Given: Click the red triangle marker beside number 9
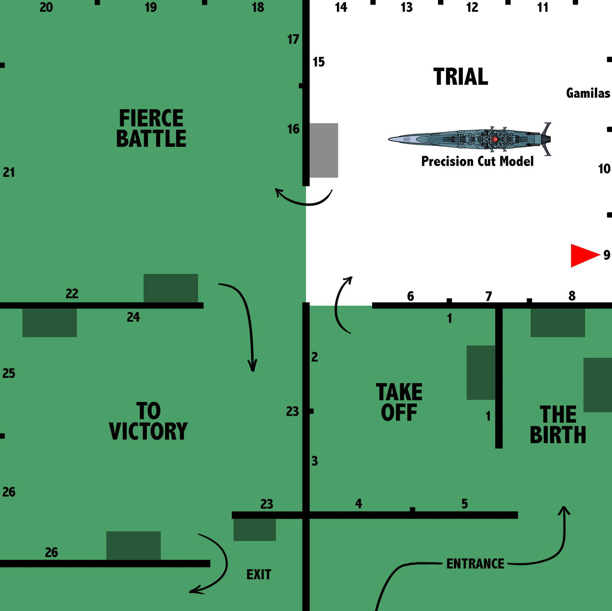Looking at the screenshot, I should point(583,255).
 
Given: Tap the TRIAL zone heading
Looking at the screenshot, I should point(461,77).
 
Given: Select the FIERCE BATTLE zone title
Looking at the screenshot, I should point(151,128).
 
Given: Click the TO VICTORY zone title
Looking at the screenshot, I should point(148,421).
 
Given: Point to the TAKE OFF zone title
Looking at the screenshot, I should point(399,402).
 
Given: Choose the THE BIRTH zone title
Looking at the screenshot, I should point(558,425).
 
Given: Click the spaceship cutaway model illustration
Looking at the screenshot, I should point(470,139).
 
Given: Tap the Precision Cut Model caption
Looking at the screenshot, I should point(477,161).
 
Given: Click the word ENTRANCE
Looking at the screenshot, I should point(475,564).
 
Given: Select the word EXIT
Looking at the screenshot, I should point(259,575).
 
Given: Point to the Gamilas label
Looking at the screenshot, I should point(588,93).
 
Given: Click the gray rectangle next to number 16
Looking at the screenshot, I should point(324,150).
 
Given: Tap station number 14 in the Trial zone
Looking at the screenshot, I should point(341,7).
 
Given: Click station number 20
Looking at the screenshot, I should point(46,7).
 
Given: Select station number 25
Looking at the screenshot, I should point(9,373).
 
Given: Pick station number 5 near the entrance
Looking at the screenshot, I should point(465,504).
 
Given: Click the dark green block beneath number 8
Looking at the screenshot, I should point(557,323).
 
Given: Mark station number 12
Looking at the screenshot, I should point(472,7).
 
